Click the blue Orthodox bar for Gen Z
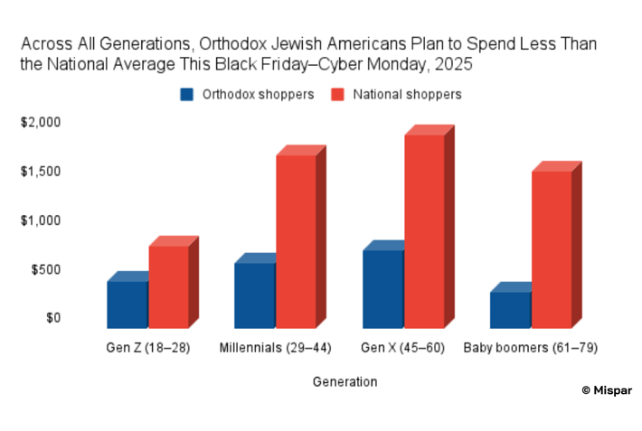[x=127, y=305]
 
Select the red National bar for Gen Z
[x=169, y=286]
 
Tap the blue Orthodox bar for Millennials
[x=255, y=295]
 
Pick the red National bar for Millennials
[x=297, y=241]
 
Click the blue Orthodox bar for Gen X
[x=382, y=289]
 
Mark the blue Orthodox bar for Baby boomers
[x=510, y=310]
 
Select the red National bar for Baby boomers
[x=552, y=249]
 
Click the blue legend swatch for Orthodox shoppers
[x=187, y=94]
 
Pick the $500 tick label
[x=45, y=269]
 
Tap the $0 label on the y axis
[x=52, y=318]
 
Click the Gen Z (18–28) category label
[x=148, y=348]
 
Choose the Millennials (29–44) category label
[x=276, y=348]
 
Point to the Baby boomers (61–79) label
[x=531, y=348]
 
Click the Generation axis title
[x=345, y=382]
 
